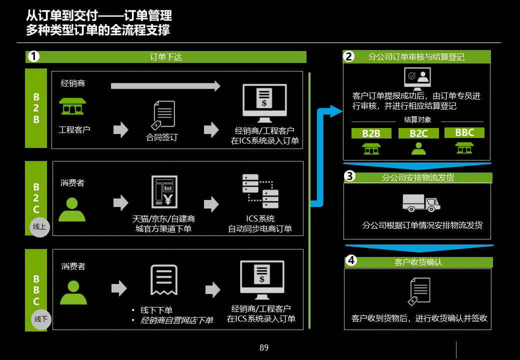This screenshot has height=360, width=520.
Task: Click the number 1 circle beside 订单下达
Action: (x=33, y=56)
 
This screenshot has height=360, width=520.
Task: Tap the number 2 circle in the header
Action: (x=349, y=56)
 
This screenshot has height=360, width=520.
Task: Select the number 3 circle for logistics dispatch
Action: (x=350, y=176)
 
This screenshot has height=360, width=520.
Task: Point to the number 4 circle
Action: (x=351, y=260)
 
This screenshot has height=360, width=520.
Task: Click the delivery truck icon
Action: (x=421, y=202)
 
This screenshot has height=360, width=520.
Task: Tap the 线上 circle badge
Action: (x=40, y=227)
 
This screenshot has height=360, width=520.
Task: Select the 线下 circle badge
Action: (x=41, y=319)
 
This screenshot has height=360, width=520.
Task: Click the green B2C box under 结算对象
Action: (x=418, y=133)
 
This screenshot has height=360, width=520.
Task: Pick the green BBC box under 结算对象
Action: (x=464, y=133)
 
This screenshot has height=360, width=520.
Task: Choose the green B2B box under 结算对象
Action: (x=371, y=133)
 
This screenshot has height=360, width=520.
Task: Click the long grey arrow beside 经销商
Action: (x=165, y=86)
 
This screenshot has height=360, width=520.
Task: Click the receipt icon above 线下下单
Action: (x=164, y=280)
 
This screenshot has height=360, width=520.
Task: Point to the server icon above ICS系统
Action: (x=260, y=191)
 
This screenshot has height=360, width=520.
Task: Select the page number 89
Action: (x=264, y=347)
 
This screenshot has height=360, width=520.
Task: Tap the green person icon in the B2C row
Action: (x=72, y=209)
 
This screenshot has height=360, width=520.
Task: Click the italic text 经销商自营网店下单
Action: (x=176, y=320)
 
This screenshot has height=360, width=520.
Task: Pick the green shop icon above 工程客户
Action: (x=72, y=106)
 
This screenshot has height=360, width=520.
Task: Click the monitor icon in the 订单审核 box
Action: (x=417, y=78)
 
